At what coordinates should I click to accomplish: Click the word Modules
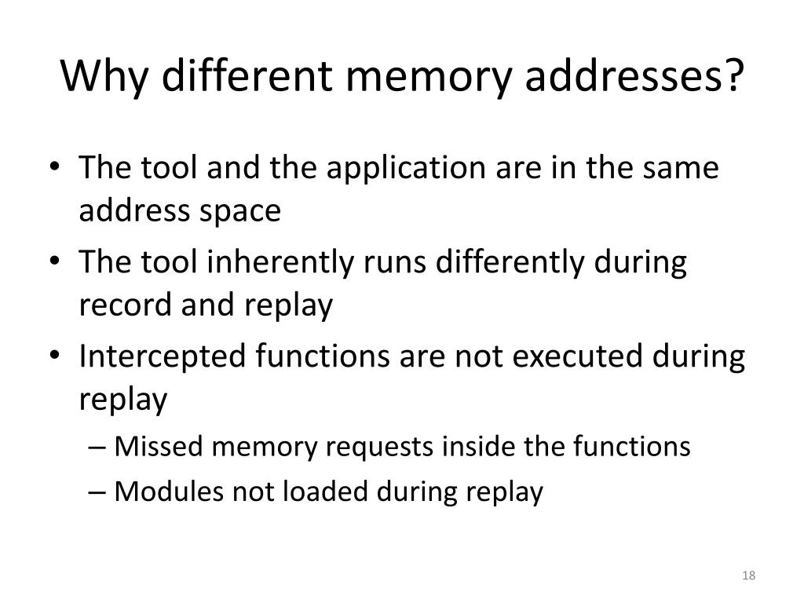pos(163,492)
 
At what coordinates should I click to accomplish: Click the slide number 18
pos(748,576)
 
